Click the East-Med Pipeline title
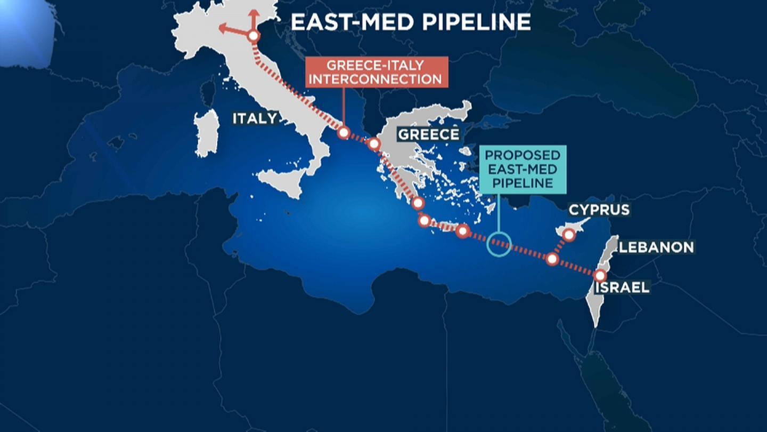[410, 22]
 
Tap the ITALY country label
[255, 118]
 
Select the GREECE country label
[428, 134]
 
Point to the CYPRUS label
[599, 210]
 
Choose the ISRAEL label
[622, 287]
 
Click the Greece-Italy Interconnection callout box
[376, 72]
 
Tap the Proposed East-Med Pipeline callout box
[523, 169]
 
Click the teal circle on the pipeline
[499, 244]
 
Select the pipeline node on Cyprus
[569, 235]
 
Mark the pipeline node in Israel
[600, 276]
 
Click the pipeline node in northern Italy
[254, 36]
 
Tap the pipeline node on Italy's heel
[344, 132]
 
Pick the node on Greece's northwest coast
[373, 144]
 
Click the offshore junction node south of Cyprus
[552, 259]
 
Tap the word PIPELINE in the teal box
[523, 183]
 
